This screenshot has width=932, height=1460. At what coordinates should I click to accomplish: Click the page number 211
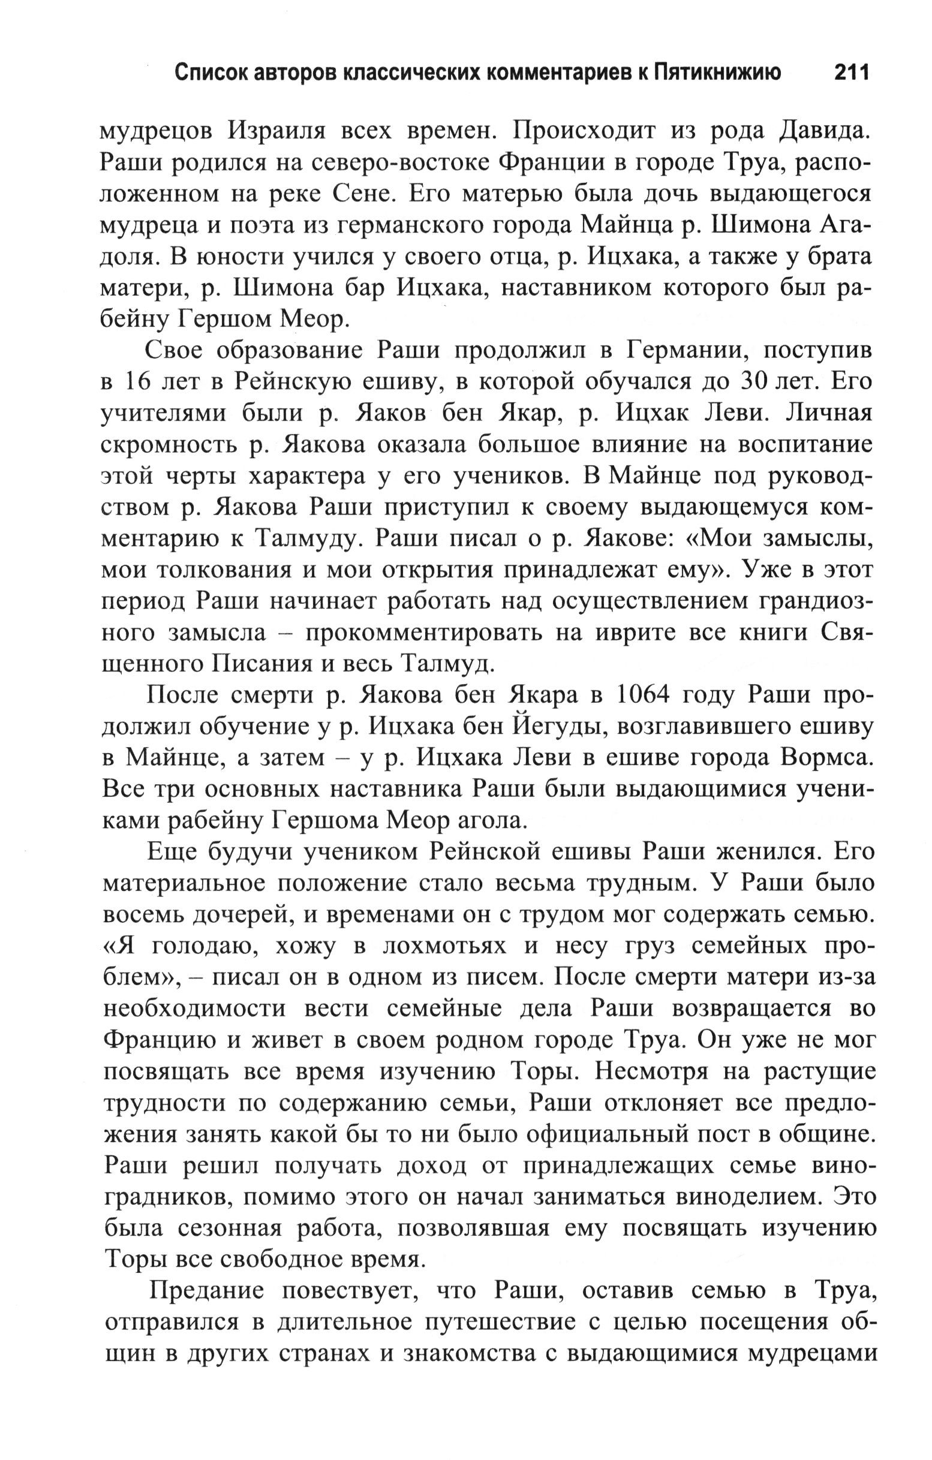coord(852,73)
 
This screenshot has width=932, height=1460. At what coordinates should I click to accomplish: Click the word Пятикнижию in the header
coord(717,73)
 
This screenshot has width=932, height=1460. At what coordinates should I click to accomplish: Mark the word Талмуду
coord(303,539)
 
